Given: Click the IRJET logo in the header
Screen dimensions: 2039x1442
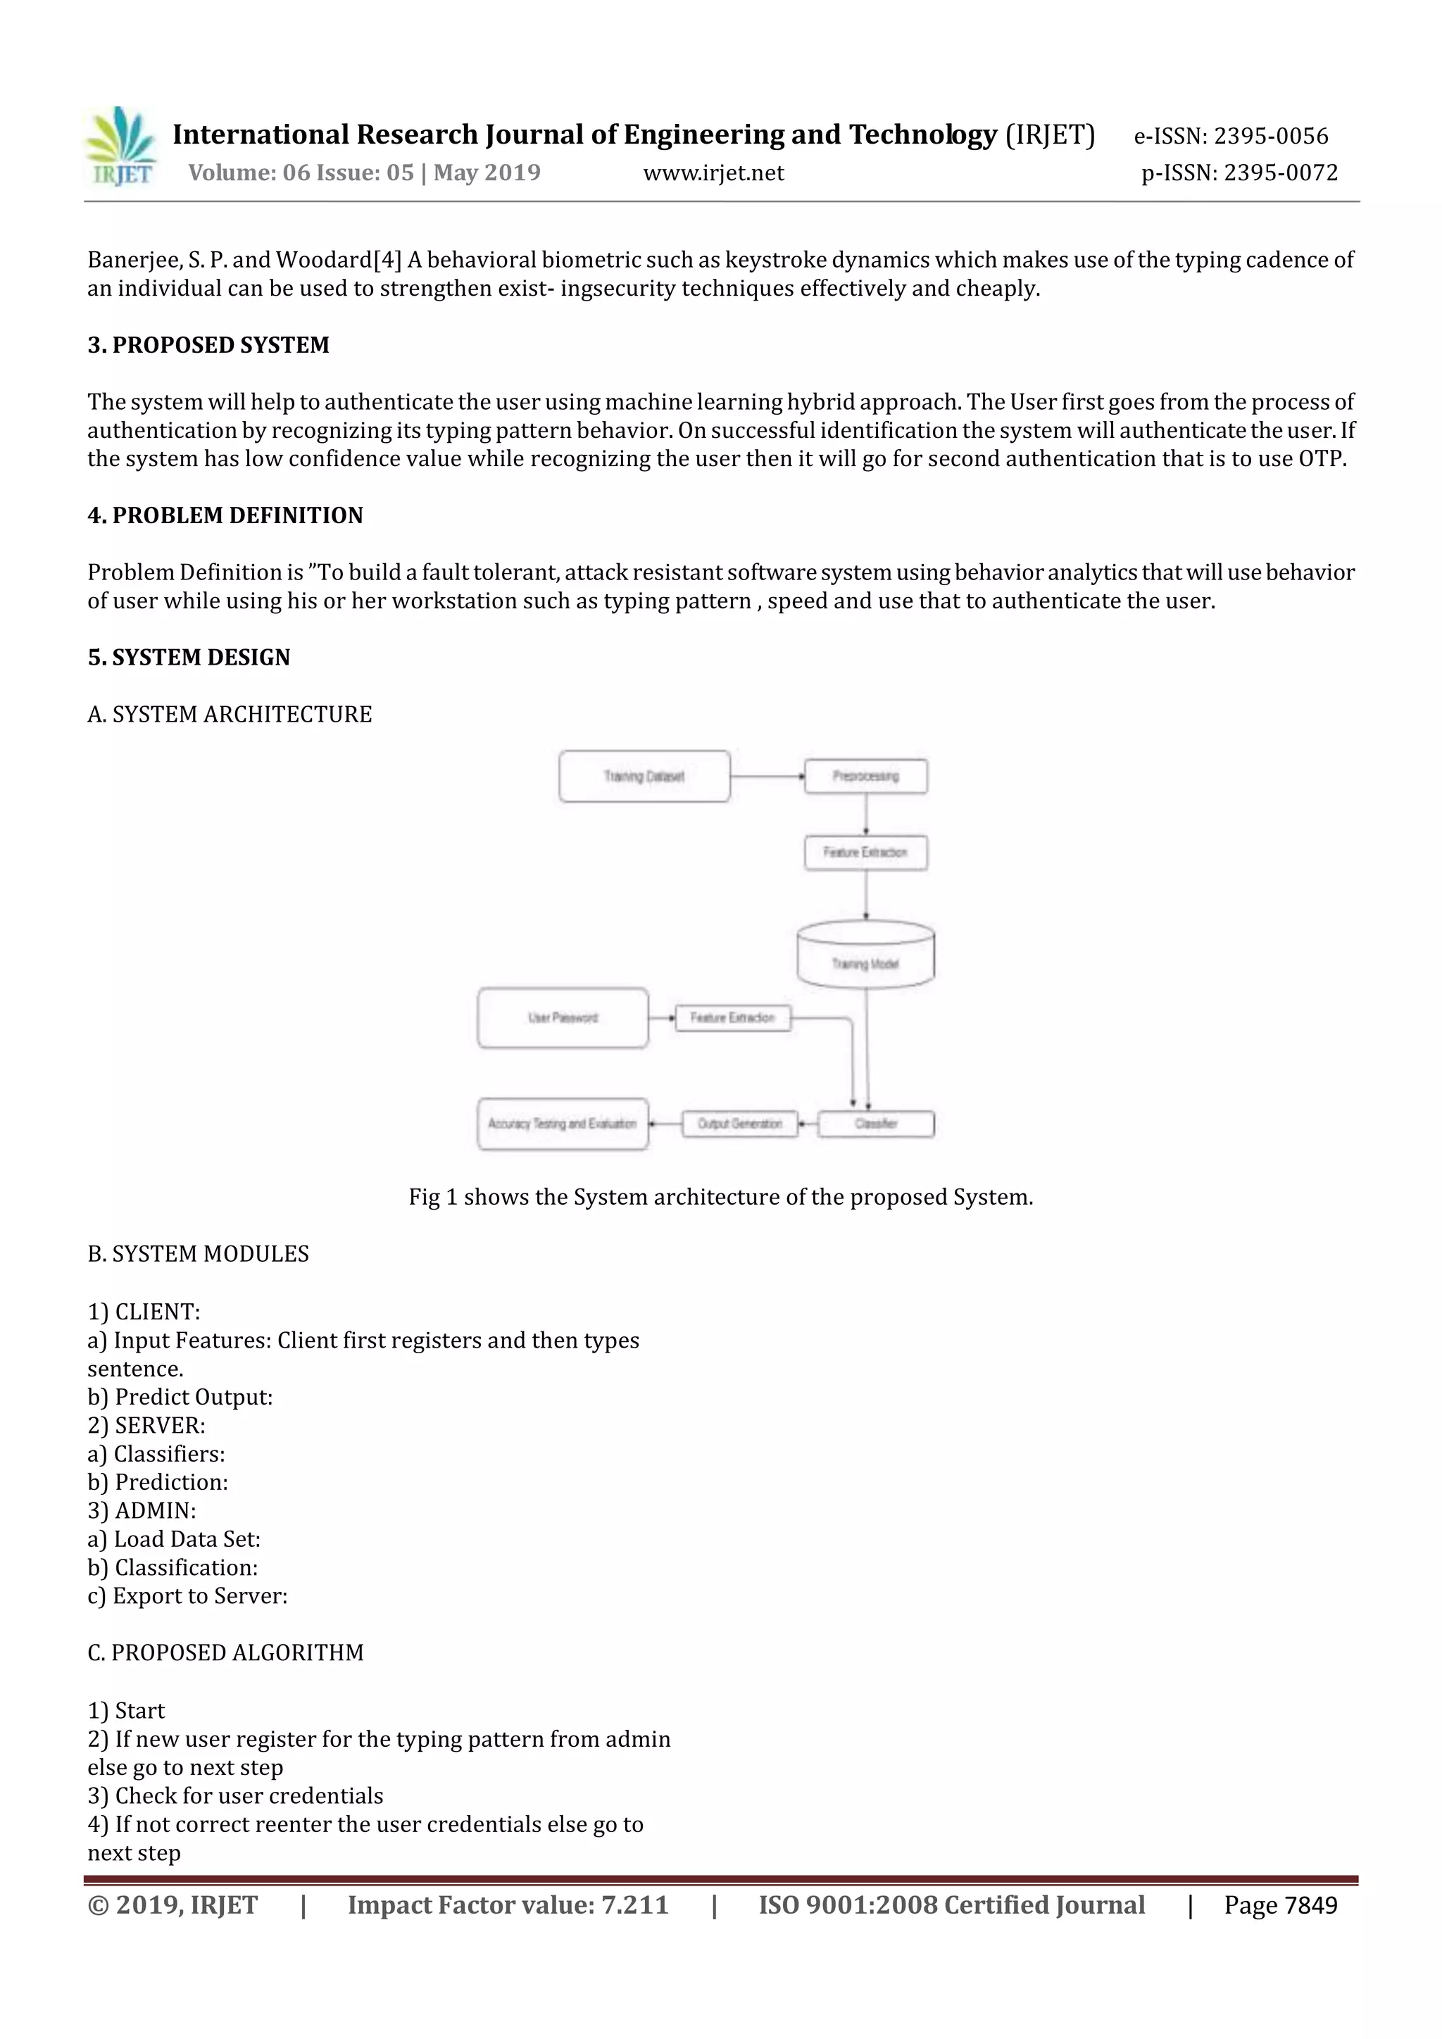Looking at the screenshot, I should [x=122, y=147].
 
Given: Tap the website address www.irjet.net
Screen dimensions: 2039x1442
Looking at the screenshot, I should [x=713, y=173].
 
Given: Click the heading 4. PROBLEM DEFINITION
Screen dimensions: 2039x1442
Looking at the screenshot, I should [x=225, y=515].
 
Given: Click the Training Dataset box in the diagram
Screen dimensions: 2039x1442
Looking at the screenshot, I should [x=644, y=776].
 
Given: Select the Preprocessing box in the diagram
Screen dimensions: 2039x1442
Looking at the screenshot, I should [x=866, y=776].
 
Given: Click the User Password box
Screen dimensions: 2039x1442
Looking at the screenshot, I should [x=563, y=1017].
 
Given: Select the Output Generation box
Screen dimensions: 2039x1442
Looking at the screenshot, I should [x=739, y=1124].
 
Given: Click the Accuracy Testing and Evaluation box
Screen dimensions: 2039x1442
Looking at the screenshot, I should [x=563, y=1124].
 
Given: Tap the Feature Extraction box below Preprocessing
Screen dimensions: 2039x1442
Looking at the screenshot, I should [x=866, y=853].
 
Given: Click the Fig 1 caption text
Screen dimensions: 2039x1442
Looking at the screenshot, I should [x=720, y=1197].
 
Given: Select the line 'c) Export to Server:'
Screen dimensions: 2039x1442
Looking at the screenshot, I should [x=187, y=1596].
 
